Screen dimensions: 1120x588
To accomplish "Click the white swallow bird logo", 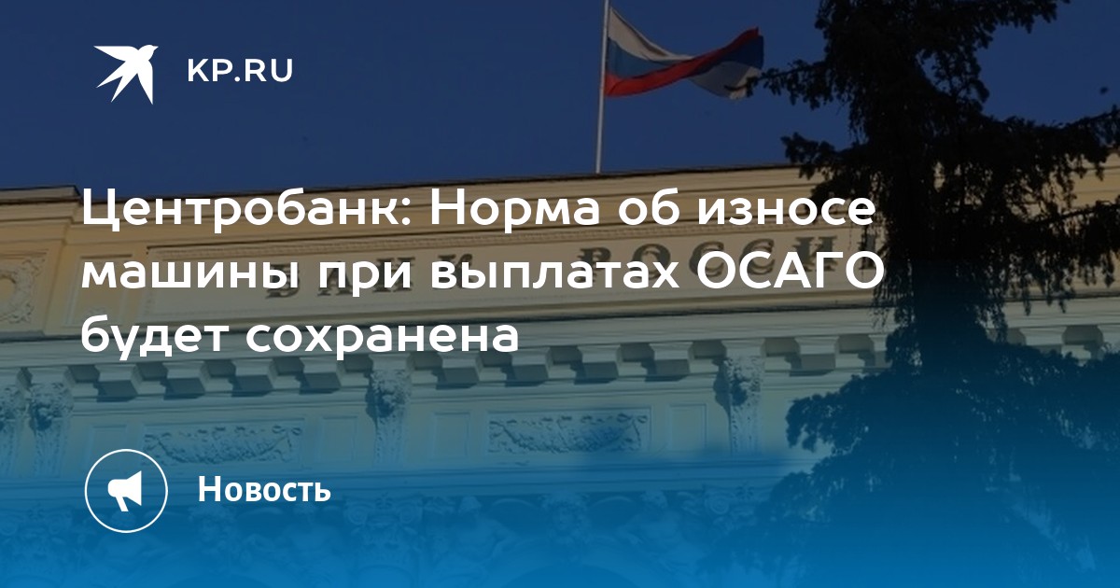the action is pos(127,74).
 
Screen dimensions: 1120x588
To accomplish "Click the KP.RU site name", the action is pos(240,71).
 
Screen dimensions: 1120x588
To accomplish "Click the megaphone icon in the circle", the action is pos(126,490).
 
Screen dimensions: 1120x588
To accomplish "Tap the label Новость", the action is pos(264,488).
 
